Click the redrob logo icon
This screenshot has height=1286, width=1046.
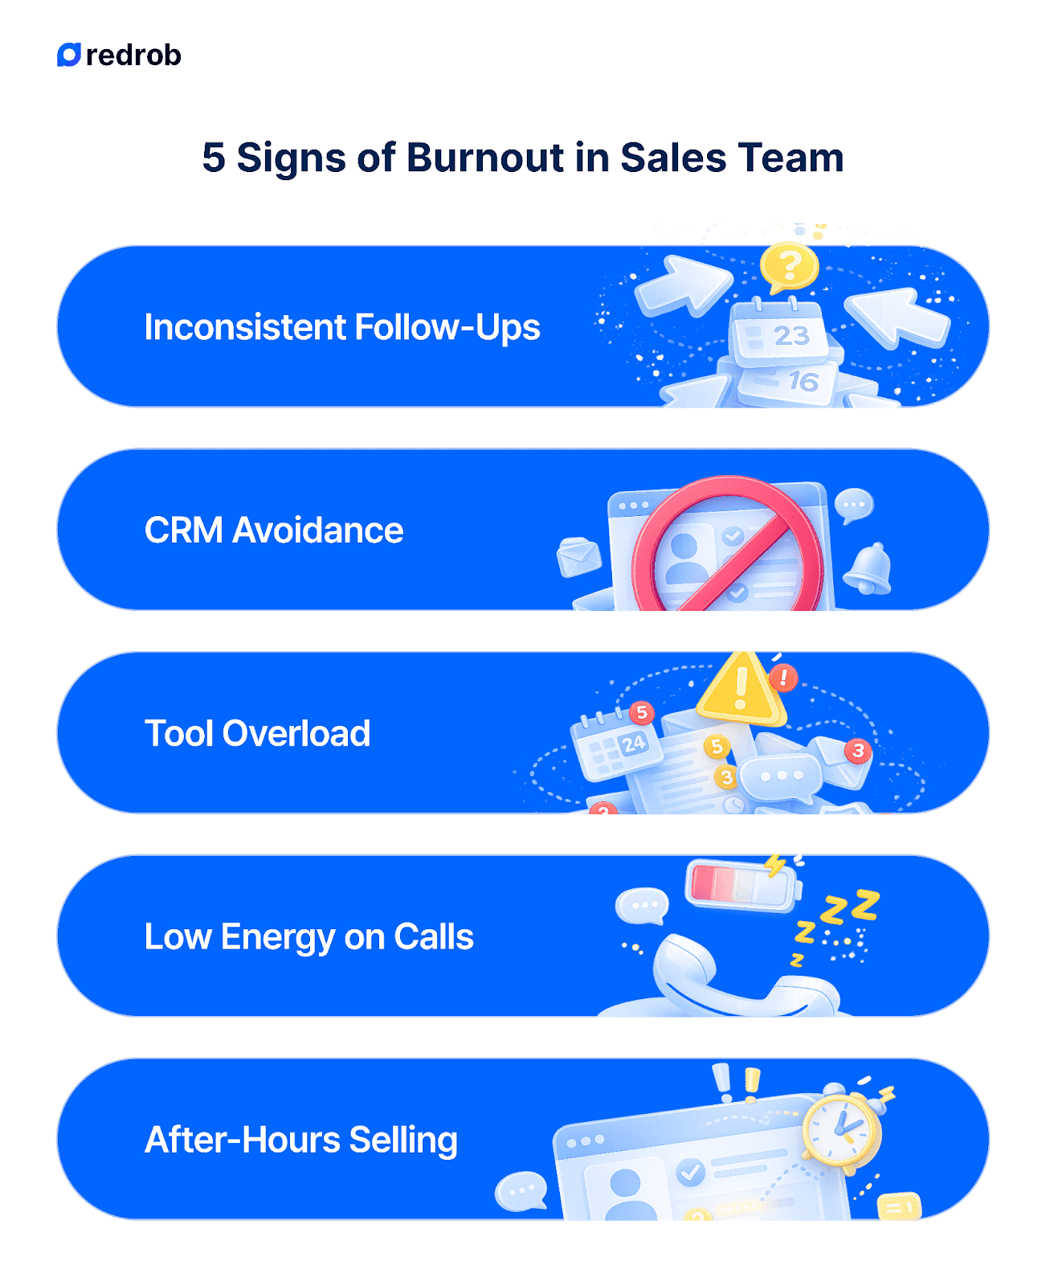pyautogui.click(x=69, y=55)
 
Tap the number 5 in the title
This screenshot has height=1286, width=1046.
pyautogui.click(x=213, y=158)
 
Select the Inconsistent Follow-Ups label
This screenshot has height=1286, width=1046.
pyautogui.click(x=341, y=327)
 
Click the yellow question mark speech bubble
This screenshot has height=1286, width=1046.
pyautogui.click(x=789, y=267)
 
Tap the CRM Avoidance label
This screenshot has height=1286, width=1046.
pyautogui.click(x=273, y=530)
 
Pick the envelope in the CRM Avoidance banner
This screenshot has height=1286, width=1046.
pyautogui.click(x=578, y=556)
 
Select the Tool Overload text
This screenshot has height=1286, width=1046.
pyautogui.click(x=257, y=734)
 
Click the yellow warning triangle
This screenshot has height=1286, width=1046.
pyautogui.click(x=741, y=689)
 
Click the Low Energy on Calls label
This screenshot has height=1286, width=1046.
pyautogui.click(x=308, y=937)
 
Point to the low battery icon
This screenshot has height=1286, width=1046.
pyautogui.click(x=742, y=885)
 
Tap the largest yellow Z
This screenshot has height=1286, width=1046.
pyautogui.click(x=865, y=905)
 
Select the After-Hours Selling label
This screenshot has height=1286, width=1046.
pyautogui.click(x=300, y=1140)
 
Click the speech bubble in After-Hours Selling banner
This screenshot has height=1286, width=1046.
pyautogui.click(x=521, y=1190)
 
